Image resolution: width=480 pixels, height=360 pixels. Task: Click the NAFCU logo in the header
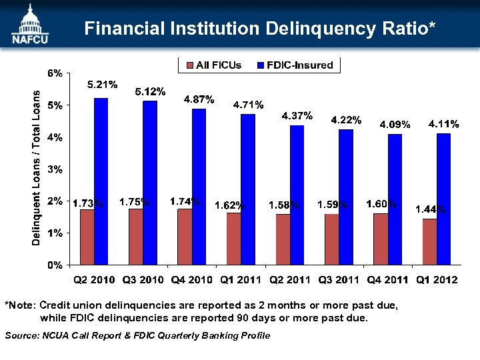(28, 25)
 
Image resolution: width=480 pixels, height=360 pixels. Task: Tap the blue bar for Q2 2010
(101, 181)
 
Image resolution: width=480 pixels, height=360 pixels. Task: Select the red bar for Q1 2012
(429, 241)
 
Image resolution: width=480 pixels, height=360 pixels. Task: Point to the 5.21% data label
(103, 85)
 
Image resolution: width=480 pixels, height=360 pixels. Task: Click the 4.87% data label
(199, 99)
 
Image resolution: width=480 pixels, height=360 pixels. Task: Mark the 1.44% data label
(431, 209)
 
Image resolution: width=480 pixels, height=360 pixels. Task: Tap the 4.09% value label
(395, 124)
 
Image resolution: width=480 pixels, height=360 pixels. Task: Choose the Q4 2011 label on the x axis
(387, 279)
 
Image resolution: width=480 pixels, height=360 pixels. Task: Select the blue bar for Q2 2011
(297, 195)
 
